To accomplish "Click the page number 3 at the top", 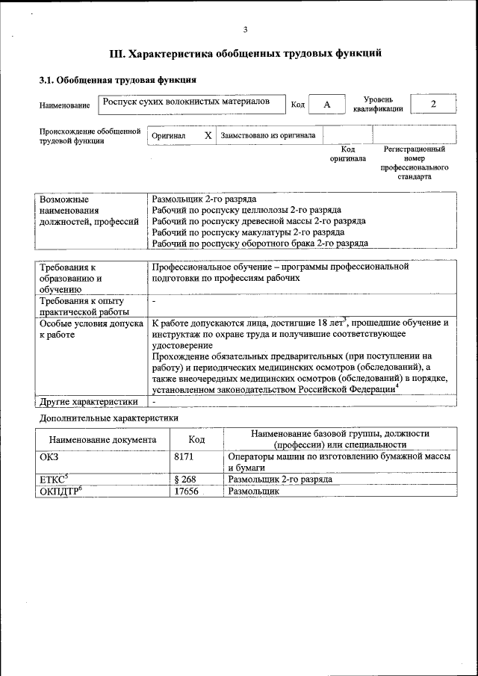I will [245, 29].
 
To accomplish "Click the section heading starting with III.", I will [246, 54].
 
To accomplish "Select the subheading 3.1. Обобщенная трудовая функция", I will [117, 79].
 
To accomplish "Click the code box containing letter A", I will [326, 105].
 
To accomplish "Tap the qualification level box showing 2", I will [433, 104].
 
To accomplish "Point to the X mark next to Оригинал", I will [208, 136].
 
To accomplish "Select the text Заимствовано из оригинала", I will [267, 136].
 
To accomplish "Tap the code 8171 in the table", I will [184, 455].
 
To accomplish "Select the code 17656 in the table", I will [186, 492].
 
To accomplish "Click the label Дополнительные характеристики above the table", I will [108, 418].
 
